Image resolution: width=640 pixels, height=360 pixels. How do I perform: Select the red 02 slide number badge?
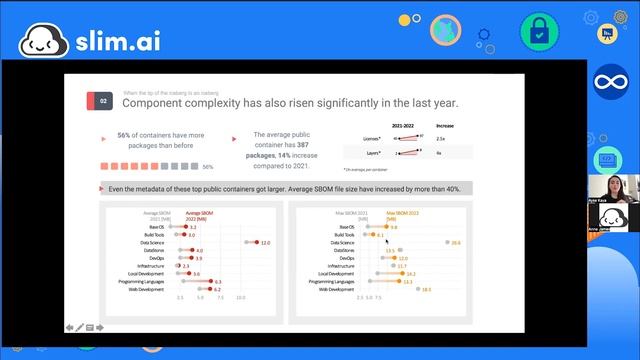click(102, 101)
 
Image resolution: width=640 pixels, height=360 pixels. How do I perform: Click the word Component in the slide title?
click(153, 102)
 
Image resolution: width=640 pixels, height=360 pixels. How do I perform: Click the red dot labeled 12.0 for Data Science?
click(255, 242)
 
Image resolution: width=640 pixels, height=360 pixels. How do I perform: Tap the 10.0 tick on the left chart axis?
click(241, 297)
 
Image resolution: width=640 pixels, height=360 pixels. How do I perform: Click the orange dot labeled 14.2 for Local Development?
click(401, 273)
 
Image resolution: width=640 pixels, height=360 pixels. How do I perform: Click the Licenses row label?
click(371, 139)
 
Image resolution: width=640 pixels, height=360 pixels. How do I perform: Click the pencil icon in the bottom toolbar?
click(80, 327)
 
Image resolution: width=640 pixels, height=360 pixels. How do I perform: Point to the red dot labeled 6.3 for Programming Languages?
click(209, 281)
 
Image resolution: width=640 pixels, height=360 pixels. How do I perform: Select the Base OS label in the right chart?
click(348, 227)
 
